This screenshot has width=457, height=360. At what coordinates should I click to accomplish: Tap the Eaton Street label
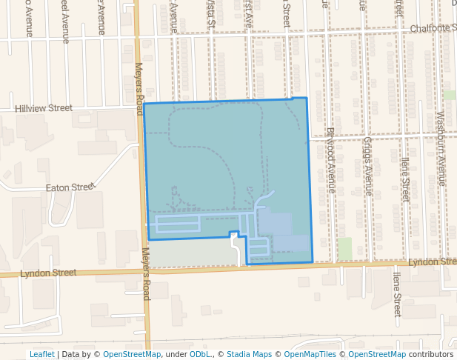click(x=71, y=188)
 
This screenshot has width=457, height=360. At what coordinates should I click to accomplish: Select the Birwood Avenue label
click(x=331, y=161)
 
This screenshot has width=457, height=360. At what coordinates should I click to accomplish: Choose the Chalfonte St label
click(x=433, y=27)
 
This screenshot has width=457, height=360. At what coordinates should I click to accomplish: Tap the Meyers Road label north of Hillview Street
click(x=138, y=88)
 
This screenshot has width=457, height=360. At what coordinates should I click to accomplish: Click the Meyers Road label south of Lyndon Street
click(x=146, y=274)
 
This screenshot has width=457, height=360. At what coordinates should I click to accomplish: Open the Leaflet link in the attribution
click(x=41, y=355)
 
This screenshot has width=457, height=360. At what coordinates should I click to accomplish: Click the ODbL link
click(x=201, y=355)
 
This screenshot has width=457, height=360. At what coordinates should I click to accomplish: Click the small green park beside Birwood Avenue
click(x=344, y=248)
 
